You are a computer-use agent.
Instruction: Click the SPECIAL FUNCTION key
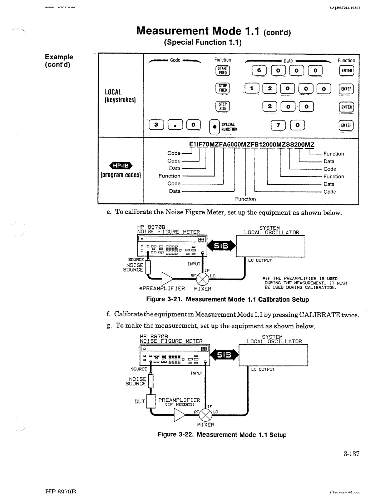tap(214, 127)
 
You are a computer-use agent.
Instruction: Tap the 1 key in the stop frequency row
tap(252, 89)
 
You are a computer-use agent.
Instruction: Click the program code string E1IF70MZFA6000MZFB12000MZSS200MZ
tap(251, 144)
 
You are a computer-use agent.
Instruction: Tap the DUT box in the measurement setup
tap(152, 402)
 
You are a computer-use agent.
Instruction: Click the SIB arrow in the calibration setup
tap(221, 246)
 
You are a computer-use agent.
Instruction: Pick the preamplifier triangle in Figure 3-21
tap(168, 278)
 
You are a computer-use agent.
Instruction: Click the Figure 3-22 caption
tap(222, 435)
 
